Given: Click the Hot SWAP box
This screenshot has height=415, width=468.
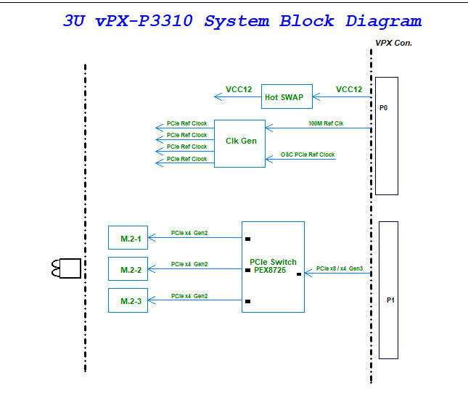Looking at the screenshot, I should click(x=284, y=96).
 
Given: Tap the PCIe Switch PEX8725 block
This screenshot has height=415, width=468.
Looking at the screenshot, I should click(x=273, y=266).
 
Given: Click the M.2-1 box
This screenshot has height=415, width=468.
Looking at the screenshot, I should click(x=128, y=238).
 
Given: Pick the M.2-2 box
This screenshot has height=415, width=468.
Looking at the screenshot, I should click(x=128, y=269).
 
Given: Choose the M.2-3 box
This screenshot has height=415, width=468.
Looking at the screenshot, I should click(x=128, y=300).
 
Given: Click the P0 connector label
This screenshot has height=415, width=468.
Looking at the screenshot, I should click(x=384, y=107).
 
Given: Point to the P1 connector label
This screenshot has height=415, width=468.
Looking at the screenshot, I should click(x=390, y=299).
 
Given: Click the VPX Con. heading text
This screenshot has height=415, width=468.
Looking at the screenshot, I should click(x=393, y=44).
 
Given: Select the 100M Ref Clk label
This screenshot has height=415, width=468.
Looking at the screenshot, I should click(x=326, y=123).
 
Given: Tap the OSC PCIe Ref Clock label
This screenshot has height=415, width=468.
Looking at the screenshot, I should click(x=308, y=155).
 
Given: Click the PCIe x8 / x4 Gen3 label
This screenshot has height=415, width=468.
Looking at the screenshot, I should click(x=340, y=268).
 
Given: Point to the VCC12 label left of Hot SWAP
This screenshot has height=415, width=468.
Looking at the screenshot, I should click(x=239, y=90).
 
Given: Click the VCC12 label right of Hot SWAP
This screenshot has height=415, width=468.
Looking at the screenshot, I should click(x=349, y=90).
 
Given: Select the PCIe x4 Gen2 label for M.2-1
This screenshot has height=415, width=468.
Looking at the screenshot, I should click(x=189, y=233).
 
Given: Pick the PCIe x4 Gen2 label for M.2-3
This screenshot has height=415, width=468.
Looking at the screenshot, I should click(x=189, y=296).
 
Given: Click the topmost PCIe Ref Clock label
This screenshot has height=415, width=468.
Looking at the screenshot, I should click(x=186, y=123).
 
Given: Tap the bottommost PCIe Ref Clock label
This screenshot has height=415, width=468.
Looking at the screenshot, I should click(x=186, y=159).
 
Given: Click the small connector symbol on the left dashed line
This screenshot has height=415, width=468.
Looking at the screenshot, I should click(x=65, y=268).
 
